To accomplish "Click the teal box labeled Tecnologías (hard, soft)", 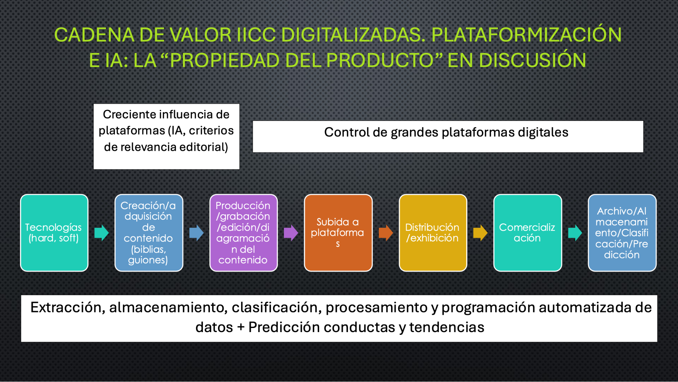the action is click(54, 233).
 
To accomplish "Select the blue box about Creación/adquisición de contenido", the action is click(149, 233).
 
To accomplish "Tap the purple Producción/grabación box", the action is click(244, 233).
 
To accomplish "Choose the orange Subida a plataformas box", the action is click(338, 233).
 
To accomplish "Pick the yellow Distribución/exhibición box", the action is click(433, 233).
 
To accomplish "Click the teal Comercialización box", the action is click(527, 233).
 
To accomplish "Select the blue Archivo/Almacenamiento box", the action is click(622, 233).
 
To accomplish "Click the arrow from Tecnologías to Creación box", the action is click(101, 233).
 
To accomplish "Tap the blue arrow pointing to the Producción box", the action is click(196, 233).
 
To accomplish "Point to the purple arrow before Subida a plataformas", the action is click(291, 233).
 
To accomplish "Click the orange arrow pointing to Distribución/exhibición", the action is click(386, 233).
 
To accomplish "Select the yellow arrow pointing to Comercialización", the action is click(480, 233).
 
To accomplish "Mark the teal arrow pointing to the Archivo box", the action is click(575, 233).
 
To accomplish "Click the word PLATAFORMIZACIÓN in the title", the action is click(526, 34).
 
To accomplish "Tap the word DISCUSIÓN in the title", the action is click(533, 60).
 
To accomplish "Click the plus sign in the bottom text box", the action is click(241, 327).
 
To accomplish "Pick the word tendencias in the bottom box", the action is click(447, 327).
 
